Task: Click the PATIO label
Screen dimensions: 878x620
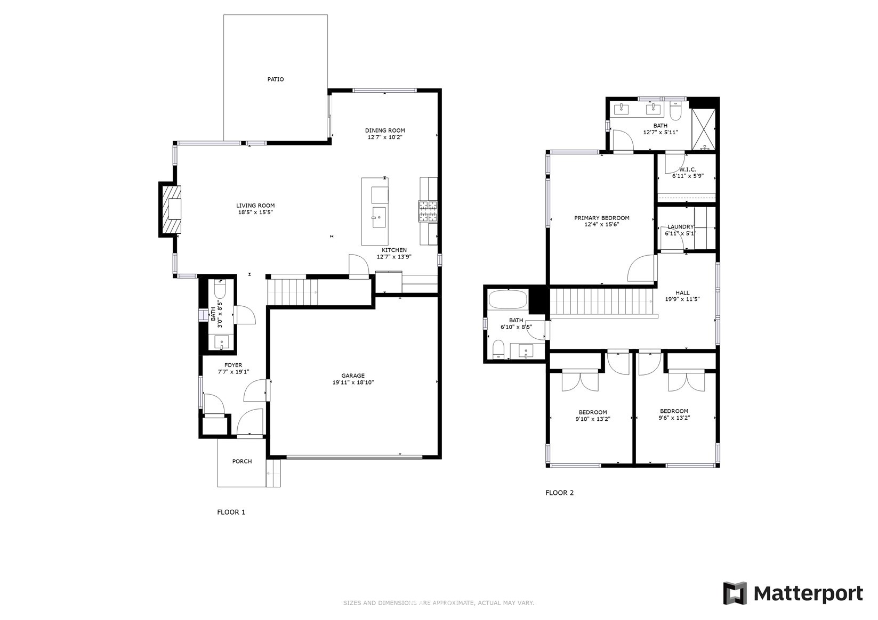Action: point(276,79)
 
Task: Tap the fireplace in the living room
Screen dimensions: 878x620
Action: point(172,209)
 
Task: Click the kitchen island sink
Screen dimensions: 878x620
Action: point(378,217)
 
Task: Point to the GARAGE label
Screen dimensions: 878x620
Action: point(353,376)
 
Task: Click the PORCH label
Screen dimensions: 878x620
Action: point(242,461)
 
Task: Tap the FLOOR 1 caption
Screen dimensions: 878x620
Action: point(231,512)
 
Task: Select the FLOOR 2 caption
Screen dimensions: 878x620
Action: point(559,493)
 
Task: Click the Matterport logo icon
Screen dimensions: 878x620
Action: point(735,593)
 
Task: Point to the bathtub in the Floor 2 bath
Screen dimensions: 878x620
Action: point(508,300)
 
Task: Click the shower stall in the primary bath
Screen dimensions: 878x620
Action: point(704,129)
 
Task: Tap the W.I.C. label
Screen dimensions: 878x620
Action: point(688,169)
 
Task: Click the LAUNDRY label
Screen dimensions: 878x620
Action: point(680,227)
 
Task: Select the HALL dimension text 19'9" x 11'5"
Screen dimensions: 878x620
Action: point(682,299)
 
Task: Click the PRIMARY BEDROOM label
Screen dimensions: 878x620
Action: point(602,218)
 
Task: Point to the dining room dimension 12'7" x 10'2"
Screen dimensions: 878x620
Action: point(385,137)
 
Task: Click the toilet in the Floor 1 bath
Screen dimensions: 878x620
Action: point(220,290)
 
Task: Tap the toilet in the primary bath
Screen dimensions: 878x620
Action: point(675,111)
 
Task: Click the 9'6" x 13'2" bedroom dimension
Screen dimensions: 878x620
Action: point(674,418)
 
